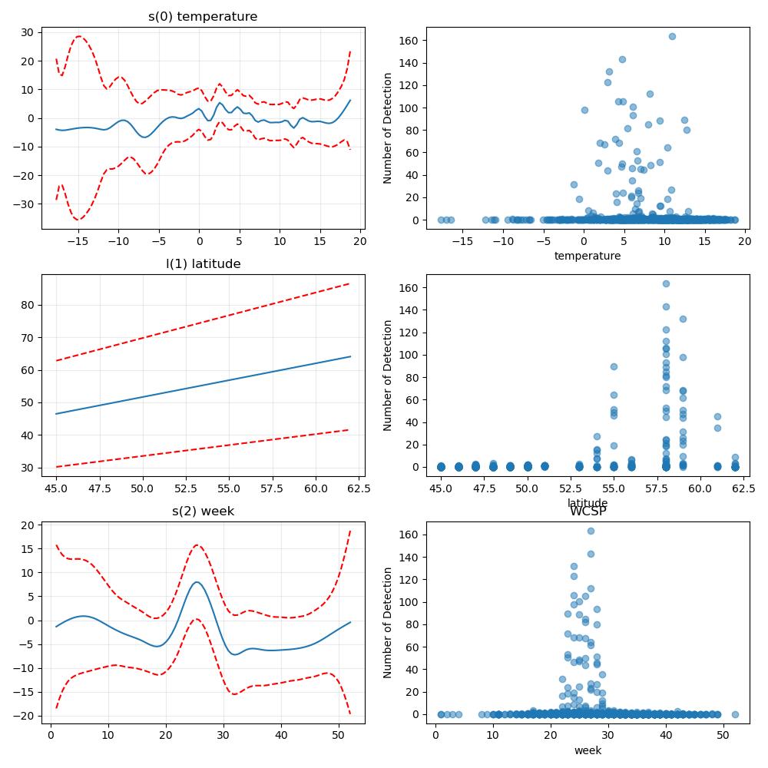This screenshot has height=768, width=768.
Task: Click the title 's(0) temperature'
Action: [203, 17]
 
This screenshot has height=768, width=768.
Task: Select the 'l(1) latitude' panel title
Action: [204, 264]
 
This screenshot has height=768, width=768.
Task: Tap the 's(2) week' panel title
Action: [204, 511]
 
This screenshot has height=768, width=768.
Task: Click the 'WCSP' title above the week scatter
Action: [588, 511]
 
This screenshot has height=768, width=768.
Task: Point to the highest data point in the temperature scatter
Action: [673, 37]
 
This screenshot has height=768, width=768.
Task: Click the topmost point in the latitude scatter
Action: [666, 284]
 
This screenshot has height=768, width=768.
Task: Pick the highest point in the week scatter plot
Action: [591, 531]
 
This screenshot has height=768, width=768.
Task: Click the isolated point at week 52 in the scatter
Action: [735, 715]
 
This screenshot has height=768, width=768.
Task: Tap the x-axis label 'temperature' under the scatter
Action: [588, 257]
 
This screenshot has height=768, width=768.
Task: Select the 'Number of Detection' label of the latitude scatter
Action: [388, 376]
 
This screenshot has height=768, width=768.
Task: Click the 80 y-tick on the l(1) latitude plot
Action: [28, 305]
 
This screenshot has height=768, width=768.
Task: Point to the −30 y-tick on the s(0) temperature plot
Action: [25, 204]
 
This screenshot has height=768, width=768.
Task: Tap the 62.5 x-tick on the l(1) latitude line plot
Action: [359, 488]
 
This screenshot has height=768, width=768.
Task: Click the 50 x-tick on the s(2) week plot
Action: [339, 736]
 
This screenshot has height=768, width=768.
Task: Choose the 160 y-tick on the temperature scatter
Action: [409, 41]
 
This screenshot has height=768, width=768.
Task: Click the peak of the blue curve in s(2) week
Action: [197, 582]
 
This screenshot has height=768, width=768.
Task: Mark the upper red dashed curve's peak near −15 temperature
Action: [78, 36]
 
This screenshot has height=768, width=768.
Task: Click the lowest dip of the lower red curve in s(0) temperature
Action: [78, 220]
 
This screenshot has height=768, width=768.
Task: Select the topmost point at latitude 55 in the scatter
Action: [614, 367]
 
